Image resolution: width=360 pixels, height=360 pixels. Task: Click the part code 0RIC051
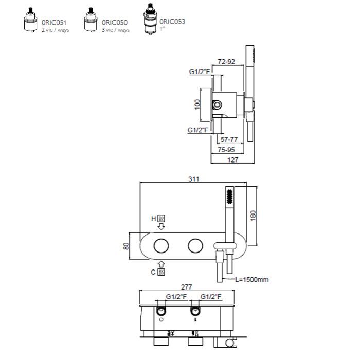click(x=54, y=23)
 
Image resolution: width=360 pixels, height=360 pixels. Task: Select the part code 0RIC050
click(x=115, y=23)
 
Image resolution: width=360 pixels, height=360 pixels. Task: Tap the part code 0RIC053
click(x=172, y=22)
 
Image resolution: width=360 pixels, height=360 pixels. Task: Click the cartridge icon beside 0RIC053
click(x=150, y=19)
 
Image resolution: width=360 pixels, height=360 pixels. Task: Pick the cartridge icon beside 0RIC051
click(x=30, y=20)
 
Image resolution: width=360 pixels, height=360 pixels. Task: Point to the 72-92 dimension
click(x=226, y=62)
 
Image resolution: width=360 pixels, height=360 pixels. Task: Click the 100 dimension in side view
click(x=197, y=104)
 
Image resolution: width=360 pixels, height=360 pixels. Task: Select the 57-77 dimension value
click(x=229, y=139)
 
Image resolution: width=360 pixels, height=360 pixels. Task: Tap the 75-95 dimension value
click(x=226, y=150)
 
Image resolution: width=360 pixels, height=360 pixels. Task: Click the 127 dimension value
click(x=233, y=160)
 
